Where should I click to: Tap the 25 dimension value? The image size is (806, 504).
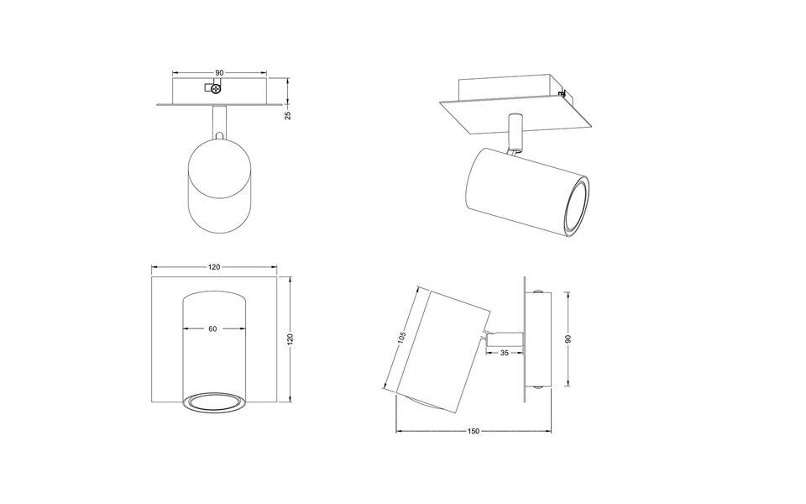click(x=288, y=115)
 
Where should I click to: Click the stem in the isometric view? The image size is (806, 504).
click(x=514, y=132)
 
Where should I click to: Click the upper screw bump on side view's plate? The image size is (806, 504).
click(x=537, y=292)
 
